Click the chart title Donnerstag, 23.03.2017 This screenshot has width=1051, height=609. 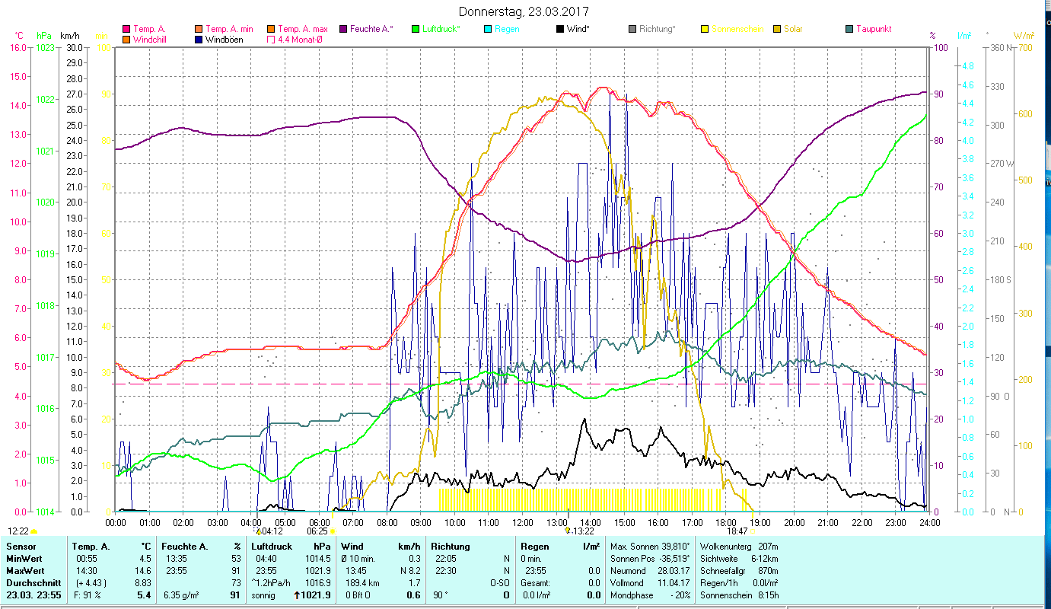click(x=524, y=12)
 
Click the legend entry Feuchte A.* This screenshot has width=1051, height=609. click(x=371, y=29)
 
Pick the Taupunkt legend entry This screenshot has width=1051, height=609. click(x=873, y=29)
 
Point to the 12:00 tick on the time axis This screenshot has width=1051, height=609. click(x=523, y=523)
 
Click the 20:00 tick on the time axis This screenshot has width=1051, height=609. click(x=795, y=523)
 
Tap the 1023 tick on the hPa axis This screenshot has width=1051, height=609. click(x=45, y=47)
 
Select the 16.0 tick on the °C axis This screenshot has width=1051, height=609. click(x=18, y=47)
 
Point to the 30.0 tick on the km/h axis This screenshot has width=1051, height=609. click(x=75, y=47)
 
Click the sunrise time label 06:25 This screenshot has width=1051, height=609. click(x=317, y=531)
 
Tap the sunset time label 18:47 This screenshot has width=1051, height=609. click(x=737, y=531)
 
